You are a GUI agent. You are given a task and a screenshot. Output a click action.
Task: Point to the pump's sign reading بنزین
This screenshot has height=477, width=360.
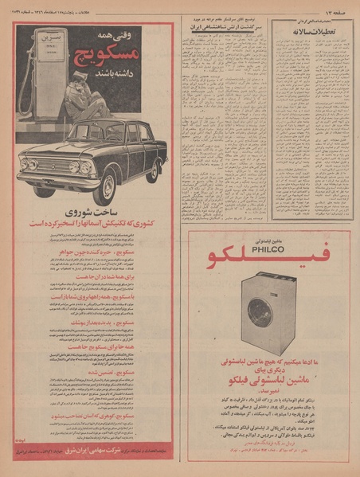click(x=44, y=39)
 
